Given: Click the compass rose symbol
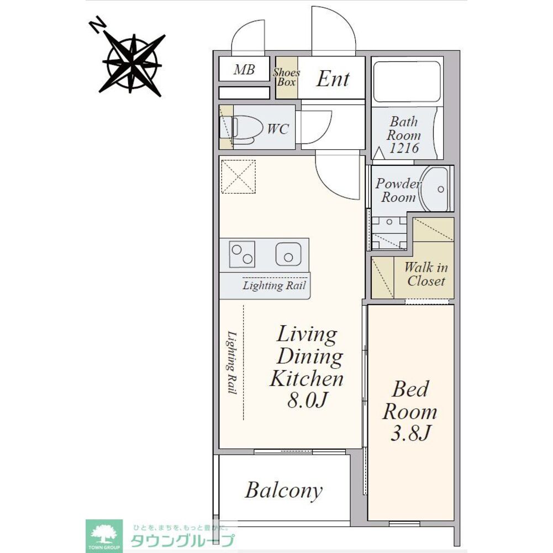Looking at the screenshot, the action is click(133, 65).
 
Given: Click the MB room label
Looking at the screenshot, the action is click(244, 70).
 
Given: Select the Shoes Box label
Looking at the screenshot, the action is click(286, 77).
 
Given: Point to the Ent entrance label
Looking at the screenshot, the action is click(333, 79).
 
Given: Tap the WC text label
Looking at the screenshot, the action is click(278, 129).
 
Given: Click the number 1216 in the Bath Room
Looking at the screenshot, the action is click(404, 148).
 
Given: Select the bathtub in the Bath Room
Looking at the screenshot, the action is click(406, 82).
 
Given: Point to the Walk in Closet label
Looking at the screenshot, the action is click(426, 274).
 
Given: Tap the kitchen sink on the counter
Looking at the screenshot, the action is click(288, 253).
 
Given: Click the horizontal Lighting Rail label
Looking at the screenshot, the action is click(274, 285).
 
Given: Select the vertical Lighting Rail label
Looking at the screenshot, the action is click(231, 362).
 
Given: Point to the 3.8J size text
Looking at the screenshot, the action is click(411, 433).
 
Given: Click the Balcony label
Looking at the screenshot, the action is click(284, 490).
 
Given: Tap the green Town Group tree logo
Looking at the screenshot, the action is click(104, 536).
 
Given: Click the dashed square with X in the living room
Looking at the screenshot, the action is click(239, 176).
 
